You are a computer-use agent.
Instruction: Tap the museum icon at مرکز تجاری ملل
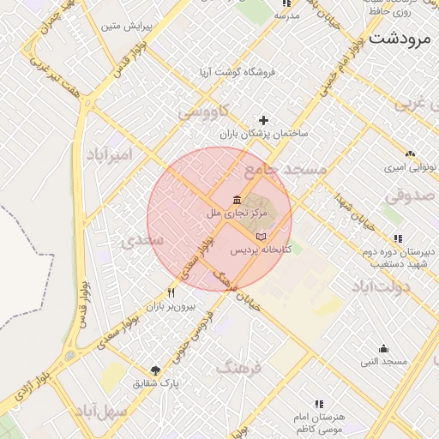click(237, 199)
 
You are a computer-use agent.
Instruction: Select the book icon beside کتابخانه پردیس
click(261, 236)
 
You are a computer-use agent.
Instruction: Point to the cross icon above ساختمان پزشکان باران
click(263, 120)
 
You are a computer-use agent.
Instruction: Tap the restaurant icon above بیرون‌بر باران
click(171, 292)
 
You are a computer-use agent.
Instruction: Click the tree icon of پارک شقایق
click(154, 370)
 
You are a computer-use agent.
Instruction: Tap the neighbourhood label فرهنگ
click(238, 369)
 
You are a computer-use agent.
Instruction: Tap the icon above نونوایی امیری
click(411, 154)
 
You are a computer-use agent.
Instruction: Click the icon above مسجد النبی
click(383, 349)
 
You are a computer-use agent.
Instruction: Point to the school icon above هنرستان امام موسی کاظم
click(319, 403)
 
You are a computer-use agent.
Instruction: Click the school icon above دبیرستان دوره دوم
click(397, 238)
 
